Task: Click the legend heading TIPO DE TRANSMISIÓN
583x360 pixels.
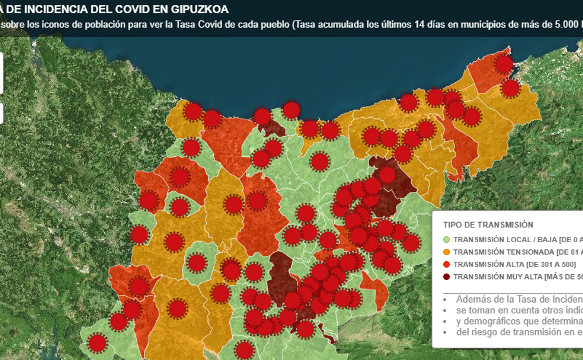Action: click(488, 225)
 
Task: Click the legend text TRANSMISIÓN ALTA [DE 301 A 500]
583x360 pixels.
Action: click(514, 265)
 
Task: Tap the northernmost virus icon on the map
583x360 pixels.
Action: click(504, 65)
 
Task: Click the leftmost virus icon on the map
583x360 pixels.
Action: click(97, 343)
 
